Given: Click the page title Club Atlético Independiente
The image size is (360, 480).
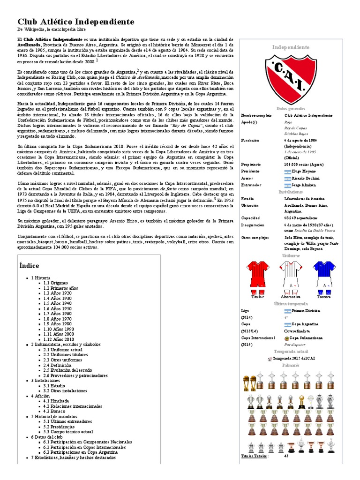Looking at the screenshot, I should pos(75,22).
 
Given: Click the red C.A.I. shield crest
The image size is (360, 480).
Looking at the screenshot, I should pos(291,78).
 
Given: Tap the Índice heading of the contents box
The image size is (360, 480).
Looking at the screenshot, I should pos(29,265).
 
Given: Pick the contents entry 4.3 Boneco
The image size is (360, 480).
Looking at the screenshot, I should pos(54,411).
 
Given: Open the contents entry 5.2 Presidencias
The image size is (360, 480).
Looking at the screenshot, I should pos(60,427).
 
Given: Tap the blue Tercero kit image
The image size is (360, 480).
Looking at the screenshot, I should pos(323,276).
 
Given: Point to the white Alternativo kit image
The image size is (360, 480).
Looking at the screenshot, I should pos(290,276).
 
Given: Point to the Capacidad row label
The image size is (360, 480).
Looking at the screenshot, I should pos(250,218).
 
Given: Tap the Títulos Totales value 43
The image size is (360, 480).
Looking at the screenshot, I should pos(286,456).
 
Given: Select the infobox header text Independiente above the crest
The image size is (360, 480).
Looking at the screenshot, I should pos(291,47).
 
